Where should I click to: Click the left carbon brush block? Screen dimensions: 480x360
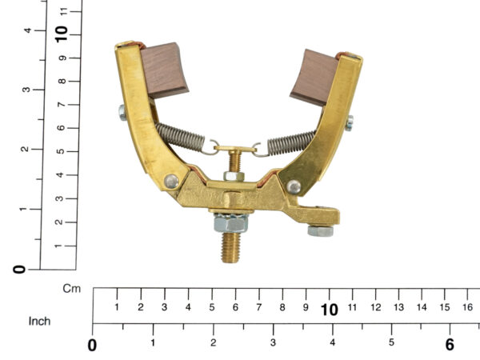pyautogui.click(x=164, y=70)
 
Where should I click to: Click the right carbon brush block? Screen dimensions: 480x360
pyautogui.click(x=314, y=78)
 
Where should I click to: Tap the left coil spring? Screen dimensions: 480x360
pyautogui.click(x=180, y=137)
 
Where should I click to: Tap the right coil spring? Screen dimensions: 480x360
pyautogui.click(x=291, y=142)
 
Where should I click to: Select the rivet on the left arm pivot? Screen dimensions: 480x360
pyautogui.click(x=171, y=182)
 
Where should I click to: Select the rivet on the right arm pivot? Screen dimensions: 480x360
pyautogui.click(x=294, y=186)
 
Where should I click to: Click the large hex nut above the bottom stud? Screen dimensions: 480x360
pyautogui.click(x=231, y=222)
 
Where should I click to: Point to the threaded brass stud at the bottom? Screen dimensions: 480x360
pyautogui.click(x=230, y=247)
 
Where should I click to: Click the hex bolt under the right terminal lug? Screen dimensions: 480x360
pyautogui.click(x=321, y=231)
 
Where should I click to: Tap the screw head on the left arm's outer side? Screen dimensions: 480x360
pyautogui.click(x=122, y=112)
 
